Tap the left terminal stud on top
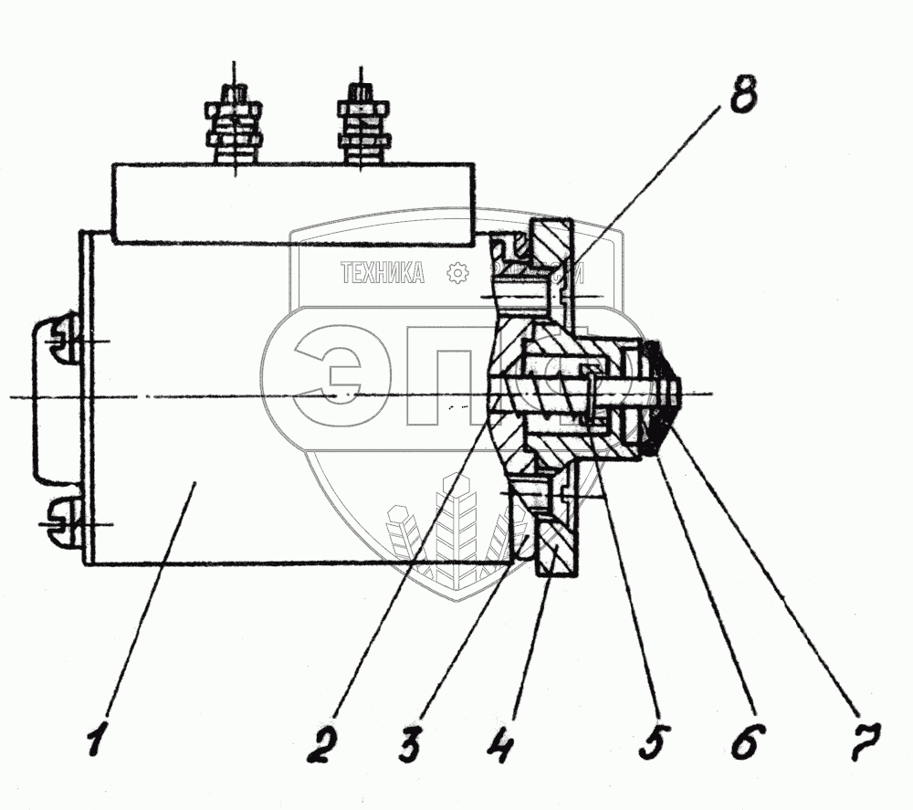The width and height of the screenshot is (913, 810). pos(235,123)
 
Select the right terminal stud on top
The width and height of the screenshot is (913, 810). pos(362,123)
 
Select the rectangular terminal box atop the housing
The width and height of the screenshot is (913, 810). pos(293,203)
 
